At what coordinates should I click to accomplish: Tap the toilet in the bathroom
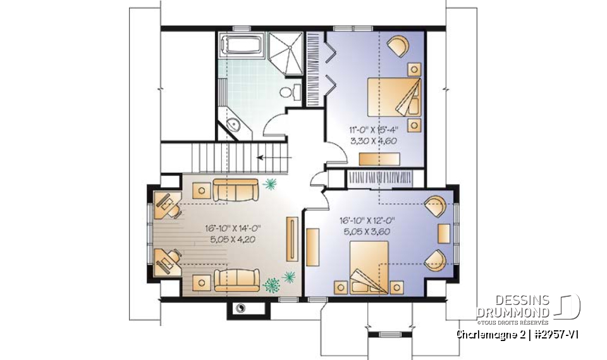pyautogui.click(x=288, y=92)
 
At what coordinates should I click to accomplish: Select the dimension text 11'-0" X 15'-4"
pyautogui.click(x=373, y=131)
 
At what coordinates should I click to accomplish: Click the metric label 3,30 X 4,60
pyautogui.click(x=373, y=141)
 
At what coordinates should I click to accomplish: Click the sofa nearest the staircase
pyautogui.click(x=235, y=189)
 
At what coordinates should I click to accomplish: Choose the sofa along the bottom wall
pyautogui.click(x=235, y=278)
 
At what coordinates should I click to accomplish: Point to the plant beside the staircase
pyautogui.click(x=271, y=184)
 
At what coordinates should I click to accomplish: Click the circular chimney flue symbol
pyautogui.click(x=240, y=308)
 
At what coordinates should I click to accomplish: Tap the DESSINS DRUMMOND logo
pyautogui.click(x=527, y=307)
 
